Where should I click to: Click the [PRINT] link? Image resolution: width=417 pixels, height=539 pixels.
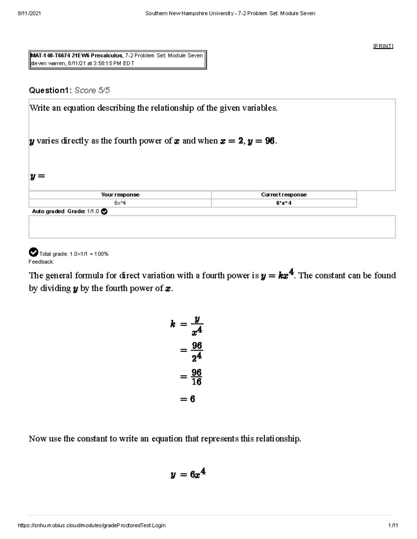(x=383, y=46)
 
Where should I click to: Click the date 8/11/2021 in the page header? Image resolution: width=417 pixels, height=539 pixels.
(x=29, y=14)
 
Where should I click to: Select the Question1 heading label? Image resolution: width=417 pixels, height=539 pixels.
(x=50, y=91)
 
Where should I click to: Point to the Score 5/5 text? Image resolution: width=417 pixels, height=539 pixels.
(x=92, y=91)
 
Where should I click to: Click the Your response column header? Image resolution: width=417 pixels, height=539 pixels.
(x=120, y=195)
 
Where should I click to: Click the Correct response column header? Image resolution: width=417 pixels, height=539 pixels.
(x=284, y=195)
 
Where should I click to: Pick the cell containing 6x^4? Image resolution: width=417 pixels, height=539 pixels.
(x=120, y=203)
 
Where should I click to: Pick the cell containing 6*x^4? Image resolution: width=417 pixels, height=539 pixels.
(x=284, y=203)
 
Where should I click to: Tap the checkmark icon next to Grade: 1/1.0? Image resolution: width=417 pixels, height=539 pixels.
(x=104, y=211)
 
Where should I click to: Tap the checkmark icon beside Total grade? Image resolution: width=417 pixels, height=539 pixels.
(x=33, y=252)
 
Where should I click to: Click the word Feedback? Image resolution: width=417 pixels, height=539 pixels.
(x=41, y=262)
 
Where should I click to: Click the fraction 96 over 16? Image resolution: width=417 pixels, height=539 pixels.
(x=196, y=377)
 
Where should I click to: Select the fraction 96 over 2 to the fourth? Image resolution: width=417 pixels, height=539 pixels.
(x=196, y=351)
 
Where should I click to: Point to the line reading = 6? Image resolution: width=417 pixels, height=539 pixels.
(x=188, y=399)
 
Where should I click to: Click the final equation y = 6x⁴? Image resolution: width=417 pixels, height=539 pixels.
(x=188, y=474)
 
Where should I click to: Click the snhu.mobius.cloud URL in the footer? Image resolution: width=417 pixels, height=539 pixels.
(x=91, y=525)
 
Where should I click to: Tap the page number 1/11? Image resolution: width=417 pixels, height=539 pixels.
(x=393, y=525)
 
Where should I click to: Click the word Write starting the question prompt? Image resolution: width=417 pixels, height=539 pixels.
(x=40, y=108)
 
